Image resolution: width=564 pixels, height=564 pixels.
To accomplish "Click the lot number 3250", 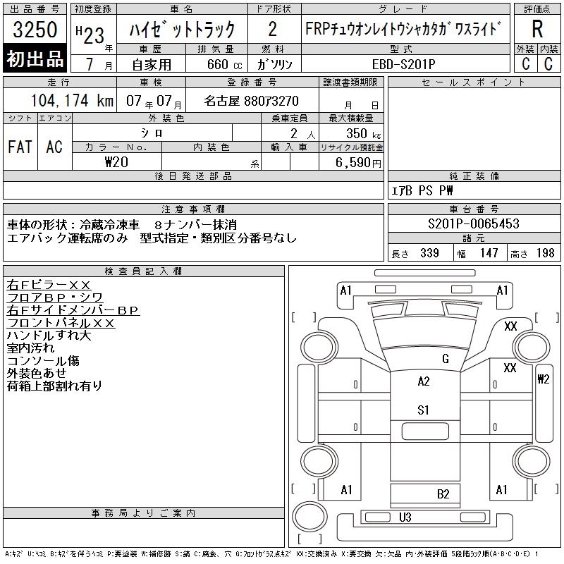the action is click(x=35, y=30).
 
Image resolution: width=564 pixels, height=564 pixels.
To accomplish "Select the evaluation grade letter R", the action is click(x=537, y=29).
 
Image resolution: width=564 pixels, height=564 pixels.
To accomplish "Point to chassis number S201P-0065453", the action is click(x=474, y=224).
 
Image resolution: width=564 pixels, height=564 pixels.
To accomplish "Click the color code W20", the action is click(x=116, y=161).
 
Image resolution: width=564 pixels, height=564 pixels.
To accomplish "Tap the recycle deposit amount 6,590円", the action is click(x=360, y=162).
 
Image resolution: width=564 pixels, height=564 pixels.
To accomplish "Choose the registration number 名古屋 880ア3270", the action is click(x=252, y=101).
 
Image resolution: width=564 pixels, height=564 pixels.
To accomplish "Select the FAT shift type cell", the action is click(x=20, y=147).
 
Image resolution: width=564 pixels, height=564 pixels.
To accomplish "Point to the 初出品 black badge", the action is click(x=35, y=59).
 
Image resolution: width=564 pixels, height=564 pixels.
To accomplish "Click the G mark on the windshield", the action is click(x=445, y=359).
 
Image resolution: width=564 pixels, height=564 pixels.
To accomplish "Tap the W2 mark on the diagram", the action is click(x=543, y=379).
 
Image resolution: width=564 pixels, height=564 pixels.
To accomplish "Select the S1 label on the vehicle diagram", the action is click(x=424, y=410).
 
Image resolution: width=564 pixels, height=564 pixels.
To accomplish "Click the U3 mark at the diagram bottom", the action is click(x=405, y=517).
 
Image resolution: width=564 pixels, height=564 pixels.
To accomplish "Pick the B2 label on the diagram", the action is click(x=443, y=494).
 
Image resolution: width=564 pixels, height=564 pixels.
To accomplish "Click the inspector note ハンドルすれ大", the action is click(x=49, y=336).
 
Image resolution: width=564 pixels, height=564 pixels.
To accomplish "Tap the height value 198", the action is click(x=545, y=253).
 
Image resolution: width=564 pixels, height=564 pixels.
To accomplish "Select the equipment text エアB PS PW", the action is click(x=423, y=190).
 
